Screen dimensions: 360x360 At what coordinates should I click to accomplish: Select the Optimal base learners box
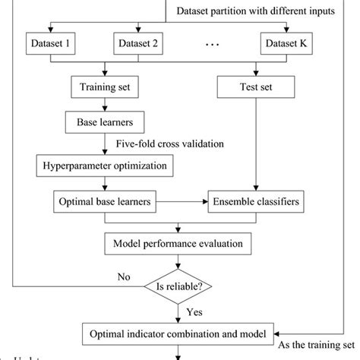pyautogui.click(x=104, y=203)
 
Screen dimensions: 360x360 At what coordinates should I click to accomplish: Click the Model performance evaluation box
pyautogui.click(x=178, y=244)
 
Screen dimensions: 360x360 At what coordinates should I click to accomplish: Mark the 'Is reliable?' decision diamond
pyautogui.click(x=178, y=286)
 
